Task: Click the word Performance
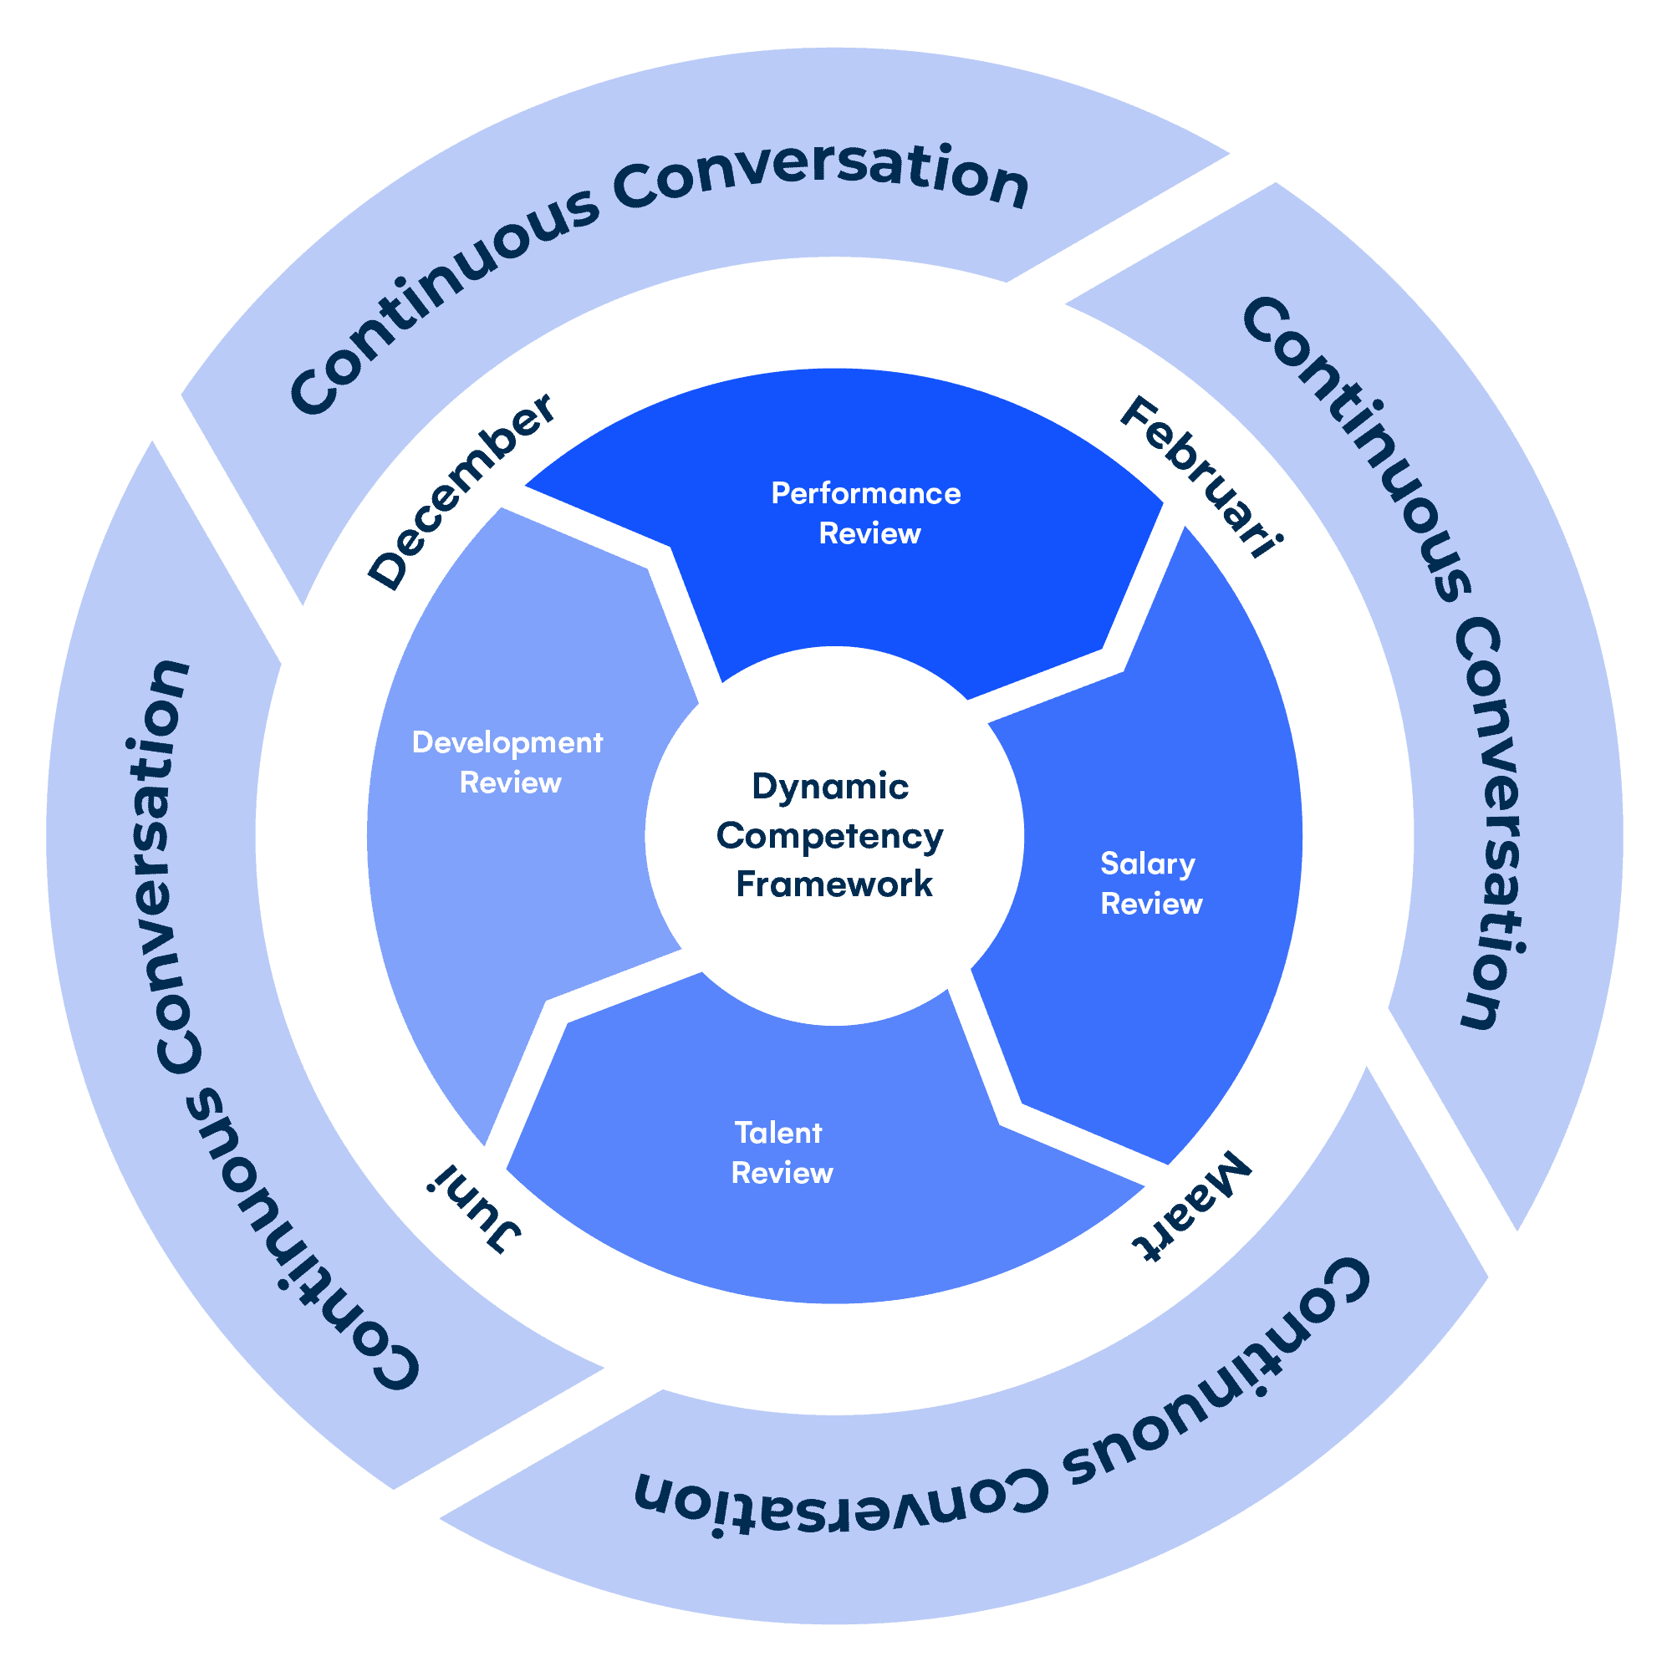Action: (x=865, y=494)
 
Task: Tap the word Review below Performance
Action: (x=869, y=534)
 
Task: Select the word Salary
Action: (x=1148, y=864)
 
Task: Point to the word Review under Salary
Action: (x=1151, y=905)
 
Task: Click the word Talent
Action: (x=778, y=1133)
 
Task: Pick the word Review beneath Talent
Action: (x=782, y=1174)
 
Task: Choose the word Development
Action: (x=507, y=743)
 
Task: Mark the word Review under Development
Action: (x=510, y=783)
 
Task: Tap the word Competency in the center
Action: (x=829, y=837)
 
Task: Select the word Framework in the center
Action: (x=833, y=884)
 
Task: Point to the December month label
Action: (x=461, y=491)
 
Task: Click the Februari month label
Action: (x=1201, y=477)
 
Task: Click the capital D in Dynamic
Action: (x=765, y=787)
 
